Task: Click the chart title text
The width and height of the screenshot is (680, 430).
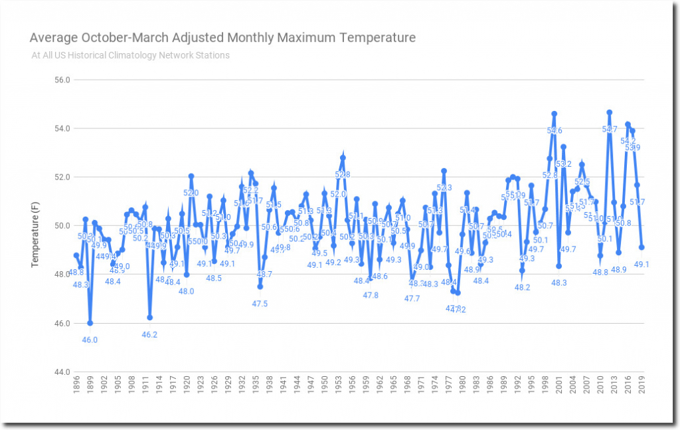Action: [x=223, y=37]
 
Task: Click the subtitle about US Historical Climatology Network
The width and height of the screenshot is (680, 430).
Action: [x=130, y=55]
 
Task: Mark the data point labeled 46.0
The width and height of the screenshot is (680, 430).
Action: [x=90, y=323]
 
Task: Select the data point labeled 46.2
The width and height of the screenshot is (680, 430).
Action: [x=150, y=318]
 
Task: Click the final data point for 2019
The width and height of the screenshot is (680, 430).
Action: [x=641, y=247]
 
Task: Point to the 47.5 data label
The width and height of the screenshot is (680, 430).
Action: [x=260, y=304]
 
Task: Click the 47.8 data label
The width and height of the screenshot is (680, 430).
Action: [x=371, y=295]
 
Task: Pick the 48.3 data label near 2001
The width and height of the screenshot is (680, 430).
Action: [x=559, y=282]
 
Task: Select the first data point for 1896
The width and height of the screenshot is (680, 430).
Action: [x=76, y=255]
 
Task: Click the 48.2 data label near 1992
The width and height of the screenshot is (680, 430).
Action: [x=523, y=287]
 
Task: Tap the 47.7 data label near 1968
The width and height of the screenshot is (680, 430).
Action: [x=412, y=298]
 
